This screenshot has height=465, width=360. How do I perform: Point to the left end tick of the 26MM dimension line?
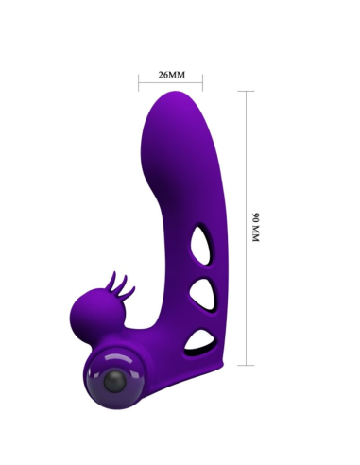pos(139,83)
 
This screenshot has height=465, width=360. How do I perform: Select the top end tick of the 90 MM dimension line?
pos(246,92)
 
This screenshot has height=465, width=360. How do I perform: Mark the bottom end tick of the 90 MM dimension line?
pos(246,365)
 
